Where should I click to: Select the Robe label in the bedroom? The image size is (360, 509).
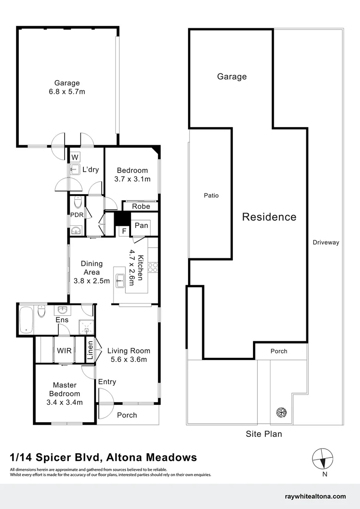[x=141, y=206]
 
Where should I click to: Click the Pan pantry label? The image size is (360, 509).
[x=141, y=225]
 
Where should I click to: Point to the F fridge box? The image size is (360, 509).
[x=123, y=231]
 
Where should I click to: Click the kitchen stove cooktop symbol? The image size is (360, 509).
[x=153, y=268]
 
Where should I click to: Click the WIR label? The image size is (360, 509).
[x=64, y=351]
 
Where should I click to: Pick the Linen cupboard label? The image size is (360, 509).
[x=90, y=351]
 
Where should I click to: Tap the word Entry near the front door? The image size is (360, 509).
[x=107, y=382]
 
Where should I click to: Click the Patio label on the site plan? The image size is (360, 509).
[x=211, y=196]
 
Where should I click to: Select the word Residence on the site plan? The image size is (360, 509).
[x=269, y=217]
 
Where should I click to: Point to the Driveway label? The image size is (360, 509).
[x=326, y=243]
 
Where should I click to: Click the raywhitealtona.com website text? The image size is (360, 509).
[x=316, y=496]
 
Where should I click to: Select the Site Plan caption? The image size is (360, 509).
[x=264, y=434]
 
